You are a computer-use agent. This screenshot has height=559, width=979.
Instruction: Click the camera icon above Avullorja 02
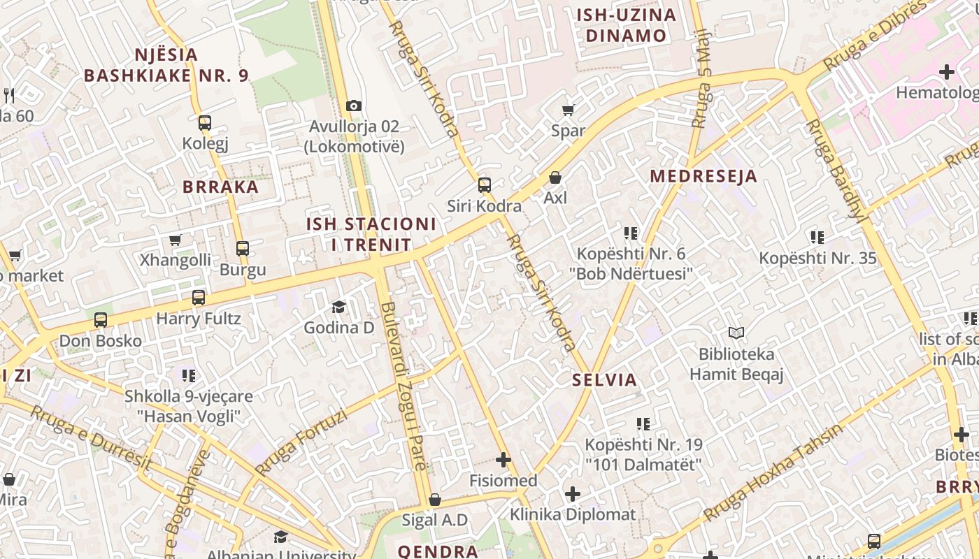[x=354, y=106]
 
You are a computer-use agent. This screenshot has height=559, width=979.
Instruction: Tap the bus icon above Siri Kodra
[x=485, y=185]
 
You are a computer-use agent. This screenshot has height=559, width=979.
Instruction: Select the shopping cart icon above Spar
[x=569, y=110]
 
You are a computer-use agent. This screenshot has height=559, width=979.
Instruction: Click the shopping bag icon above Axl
[x=555, y=177]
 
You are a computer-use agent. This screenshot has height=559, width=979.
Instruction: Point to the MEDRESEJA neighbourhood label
[x=703, y=176]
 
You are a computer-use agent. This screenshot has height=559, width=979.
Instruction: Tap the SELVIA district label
[x=604, y=380]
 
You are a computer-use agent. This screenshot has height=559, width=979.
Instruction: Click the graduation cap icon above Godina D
[x=339, y=307]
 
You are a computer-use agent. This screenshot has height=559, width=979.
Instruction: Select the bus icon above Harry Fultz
[x=199, y=298]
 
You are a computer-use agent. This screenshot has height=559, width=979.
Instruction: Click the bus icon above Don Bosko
[x=101, y=321]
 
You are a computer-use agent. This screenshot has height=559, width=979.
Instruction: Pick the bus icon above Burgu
[x=243, y=249]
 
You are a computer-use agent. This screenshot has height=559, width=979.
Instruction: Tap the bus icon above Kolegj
[x=205, y=123]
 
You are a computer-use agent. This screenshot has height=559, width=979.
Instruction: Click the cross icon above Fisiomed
[x=503, y=460]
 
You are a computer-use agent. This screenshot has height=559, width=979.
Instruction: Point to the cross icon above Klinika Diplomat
[x=573, y=494]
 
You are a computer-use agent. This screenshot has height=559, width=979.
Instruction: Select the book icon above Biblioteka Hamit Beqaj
[x=736, y=333]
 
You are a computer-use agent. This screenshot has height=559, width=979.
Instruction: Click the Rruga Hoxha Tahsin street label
[x=774, y=472]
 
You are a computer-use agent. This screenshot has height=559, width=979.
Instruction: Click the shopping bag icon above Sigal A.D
[x=434, y=500]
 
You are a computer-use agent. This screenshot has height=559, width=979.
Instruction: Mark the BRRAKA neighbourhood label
[x=220, y=187]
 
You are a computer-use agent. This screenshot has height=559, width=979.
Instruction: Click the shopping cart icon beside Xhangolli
[x=176, y=240]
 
